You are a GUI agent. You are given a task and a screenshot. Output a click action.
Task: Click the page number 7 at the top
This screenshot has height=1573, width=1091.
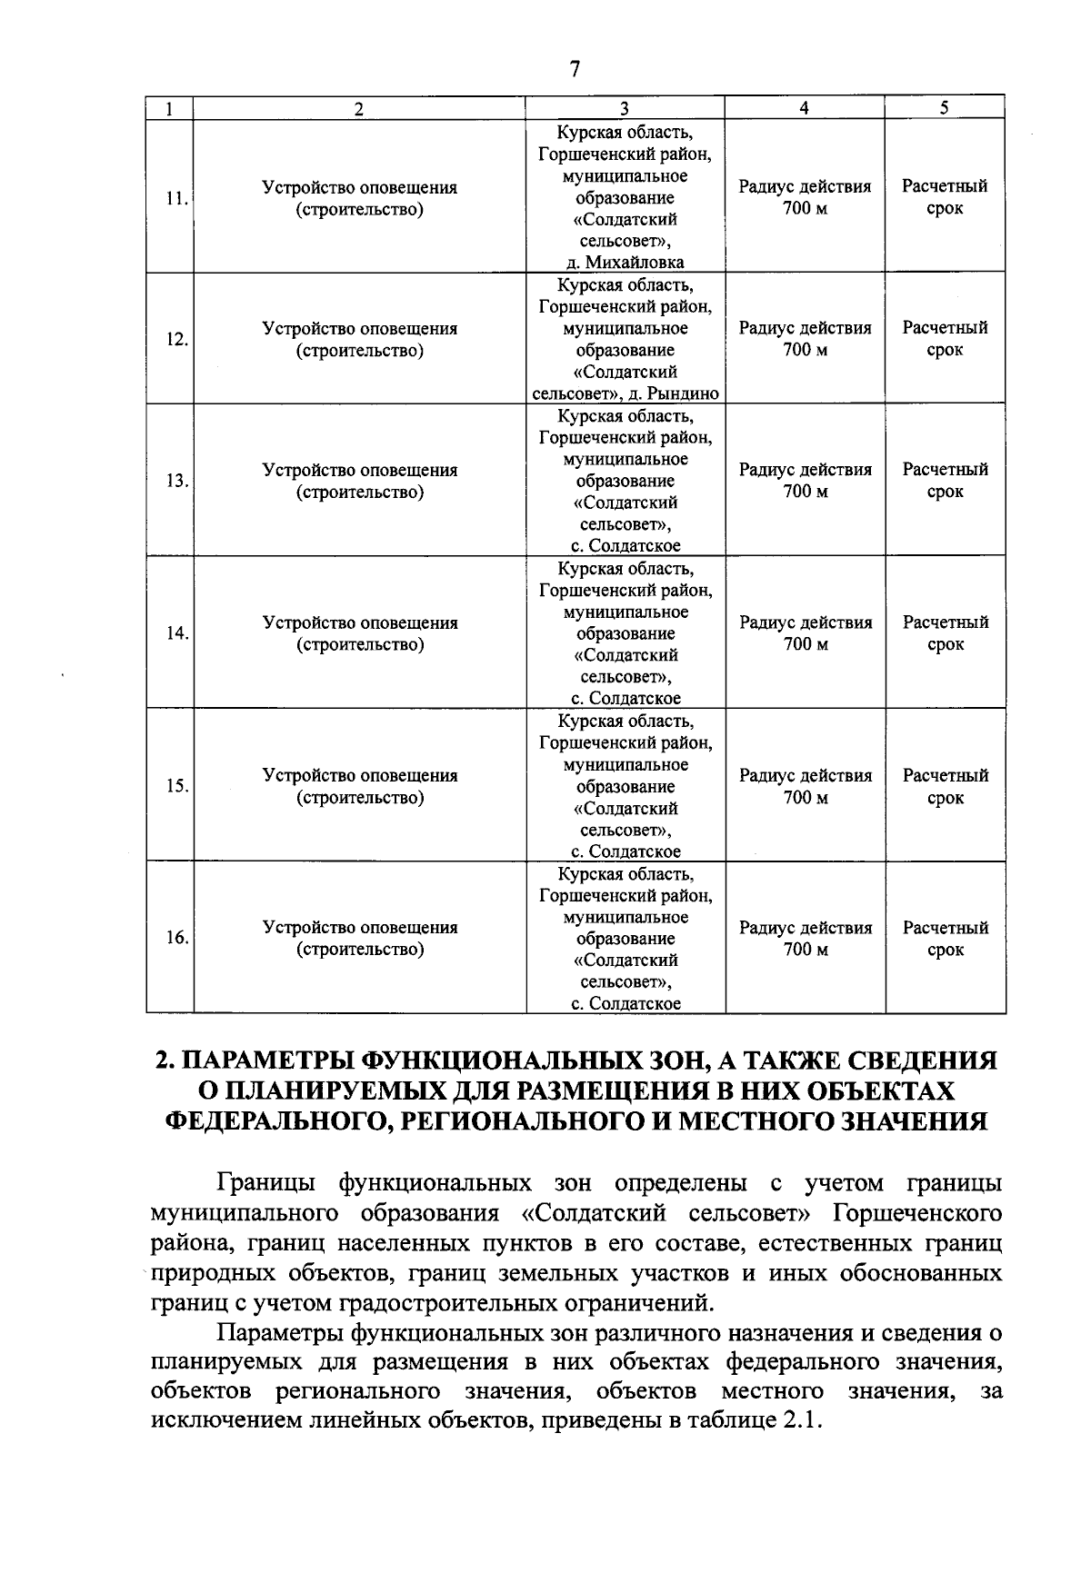[574, 70]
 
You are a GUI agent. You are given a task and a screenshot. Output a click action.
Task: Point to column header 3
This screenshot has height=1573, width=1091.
[625, 108]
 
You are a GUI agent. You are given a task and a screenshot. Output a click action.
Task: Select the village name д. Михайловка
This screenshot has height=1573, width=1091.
[626, 263]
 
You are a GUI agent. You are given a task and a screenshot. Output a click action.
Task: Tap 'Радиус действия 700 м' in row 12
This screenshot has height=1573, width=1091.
[805, 339]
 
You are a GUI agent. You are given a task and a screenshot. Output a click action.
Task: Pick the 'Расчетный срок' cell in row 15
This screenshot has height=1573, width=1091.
[945, 787]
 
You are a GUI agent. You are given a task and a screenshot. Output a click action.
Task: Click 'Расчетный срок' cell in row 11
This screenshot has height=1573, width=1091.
[945, 197]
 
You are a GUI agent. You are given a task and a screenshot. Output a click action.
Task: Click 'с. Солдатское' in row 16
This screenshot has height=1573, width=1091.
[626, 1004]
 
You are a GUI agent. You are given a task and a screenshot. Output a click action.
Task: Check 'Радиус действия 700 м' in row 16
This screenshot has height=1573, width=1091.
[805, 939]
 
